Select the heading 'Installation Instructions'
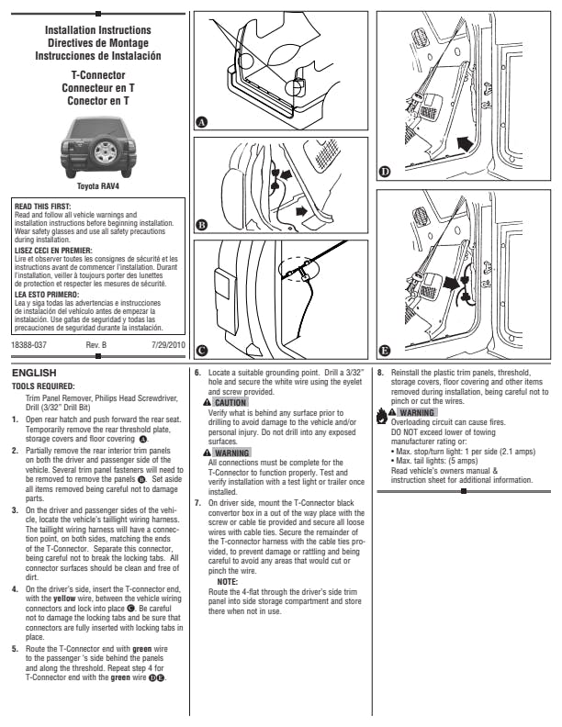click(x=98, y=30)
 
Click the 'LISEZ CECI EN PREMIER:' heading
click(x=51, y=249)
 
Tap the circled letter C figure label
click(x=202, y=349)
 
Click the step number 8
click(x=380, y=374)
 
